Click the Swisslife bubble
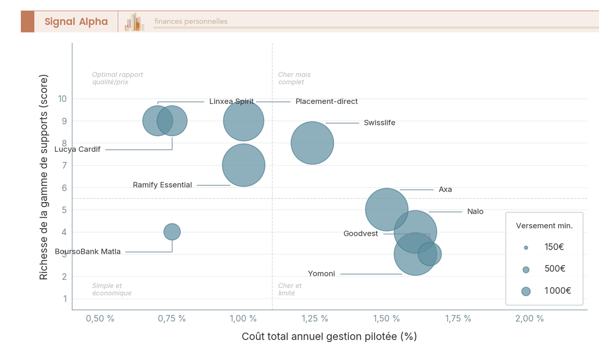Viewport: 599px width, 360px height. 312,143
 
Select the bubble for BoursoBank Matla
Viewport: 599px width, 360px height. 172,232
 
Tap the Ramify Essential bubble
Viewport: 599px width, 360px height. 243,165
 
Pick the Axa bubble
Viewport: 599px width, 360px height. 386,210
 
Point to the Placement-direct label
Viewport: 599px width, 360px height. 326,101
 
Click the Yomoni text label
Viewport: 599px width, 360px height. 321,274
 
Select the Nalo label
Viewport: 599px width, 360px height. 475,212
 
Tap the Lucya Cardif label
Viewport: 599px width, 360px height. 77,149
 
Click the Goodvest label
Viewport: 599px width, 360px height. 360,234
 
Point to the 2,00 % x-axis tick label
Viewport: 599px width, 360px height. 530,319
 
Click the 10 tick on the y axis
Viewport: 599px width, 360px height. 62,99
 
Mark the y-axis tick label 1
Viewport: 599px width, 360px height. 65,299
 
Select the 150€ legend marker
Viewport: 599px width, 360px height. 526,248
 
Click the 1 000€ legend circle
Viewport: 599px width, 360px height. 526,292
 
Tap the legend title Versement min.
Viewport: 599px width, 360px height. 544,226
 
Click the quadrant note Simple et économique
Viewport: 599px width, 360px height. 111,290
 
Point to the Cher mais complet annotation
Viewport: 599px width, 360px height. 295,78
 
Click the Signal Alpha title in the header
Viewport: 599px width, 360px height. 76,21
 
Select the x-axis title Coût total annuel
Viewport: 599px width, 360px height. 329,337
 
